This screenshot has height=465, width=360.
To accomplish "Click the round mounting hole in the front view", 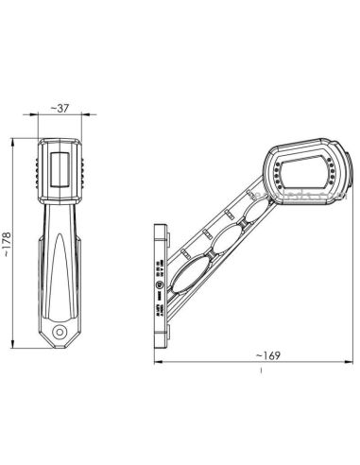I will (x=60, y=331).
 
